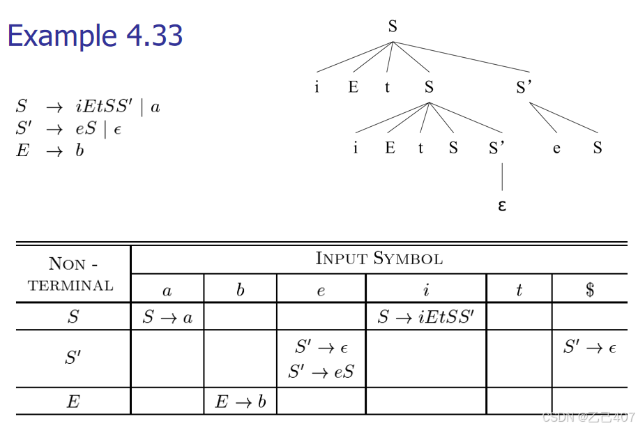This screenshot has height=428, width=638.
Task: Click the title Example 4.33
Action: coord(95,36)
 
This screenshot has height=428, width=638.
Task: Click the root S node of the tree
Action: coord(393,27)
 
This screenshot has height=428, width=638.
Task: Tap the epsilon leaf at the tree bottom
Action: coord(501,206)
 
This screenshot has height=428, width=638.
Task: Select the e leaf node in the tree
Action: coord(556,148)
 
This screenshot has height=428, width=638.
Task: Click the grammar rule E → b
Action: coord(50,151)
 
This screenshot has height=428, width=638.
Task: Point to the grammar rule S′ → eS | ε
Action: coord(68,129)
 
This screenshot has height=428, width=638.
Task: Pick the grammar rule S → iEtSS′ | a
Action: coord(88,107)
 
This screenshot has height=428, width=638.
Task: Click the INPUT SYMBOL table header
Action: coord(379,259)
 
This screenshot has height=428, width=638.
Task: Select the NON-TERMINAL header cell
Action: coord(72,274)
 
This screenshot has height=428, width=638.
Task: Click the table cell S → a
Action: coord(167,318)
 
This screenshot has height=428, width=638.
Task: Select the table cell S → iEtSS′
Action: coord(425,318)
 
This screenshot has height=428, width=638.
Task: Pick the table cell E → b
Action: coord(240,402)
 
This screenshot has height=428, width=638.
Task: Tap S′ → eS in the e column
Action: coord(321,372)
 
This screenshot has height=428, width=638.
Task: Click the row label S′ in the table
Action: coord(72,359)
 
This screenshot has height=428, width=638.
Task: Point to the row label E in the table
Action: coord(72,402)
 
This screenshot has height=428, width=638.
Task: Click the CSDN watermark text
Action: coord(588,417)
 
